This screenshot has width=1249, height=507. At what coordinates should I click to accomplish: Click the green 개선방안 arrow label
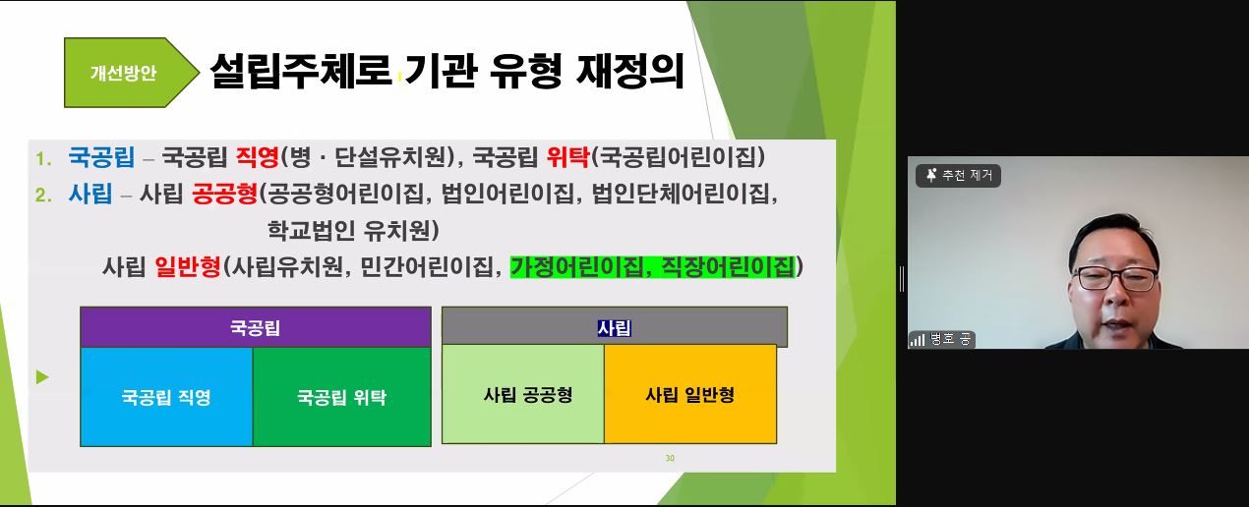(x=132, y=73)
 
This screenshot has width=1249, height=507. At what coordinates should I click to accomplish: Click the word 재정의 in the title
(x=630, y=72)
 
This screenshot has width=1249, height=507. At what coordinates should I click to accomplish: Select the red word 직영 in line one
(x=257, y=156)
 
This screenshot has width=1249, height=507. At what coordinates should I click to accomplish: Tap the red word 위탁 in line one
(x=567, y=156)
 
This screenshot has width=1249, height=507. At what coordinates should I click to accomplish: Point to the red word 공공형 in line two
(x=224, y=194)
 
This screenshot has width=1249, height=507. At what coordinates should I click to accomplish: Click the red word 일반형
(x=188, y=266)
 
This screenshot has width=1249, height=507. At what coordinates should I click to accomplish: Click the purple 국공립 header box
(x=256, y=327)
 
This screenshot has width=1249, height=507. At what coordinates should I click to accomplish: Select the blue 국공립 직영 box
(x=166, y=397)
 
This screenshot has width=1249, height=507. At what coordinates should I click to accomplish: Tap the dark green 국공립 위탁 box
(x=342, y=397)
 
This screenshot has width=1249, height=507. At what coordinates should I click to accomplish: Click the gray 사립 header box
(x=615, y=326)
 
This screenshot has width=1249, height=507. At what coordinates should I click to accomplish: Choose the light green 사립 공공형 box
(x=523, y=394)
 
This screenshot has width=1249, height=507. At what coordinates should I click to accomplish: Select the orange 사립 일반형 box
(x=690, y=394)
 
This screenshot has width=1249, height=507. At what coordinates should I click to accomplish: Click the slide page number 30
(x=670, y=458)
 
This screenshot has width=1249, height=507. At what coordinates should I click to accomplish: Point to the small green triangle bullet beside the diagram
(x=42, y=377)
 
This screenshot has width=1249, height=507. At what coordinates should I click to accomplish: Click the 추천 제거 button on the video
(x=958, y=176)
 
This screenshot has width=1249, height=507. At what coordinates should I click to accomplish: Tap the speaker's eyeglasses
(x=1115, y=277)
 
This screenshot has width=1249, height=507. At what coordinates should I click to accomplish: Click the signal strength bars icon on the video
(x=918, y=339)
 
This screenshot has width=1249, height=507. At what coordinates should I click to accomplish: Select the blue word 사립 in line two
(x=90, y=194)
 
